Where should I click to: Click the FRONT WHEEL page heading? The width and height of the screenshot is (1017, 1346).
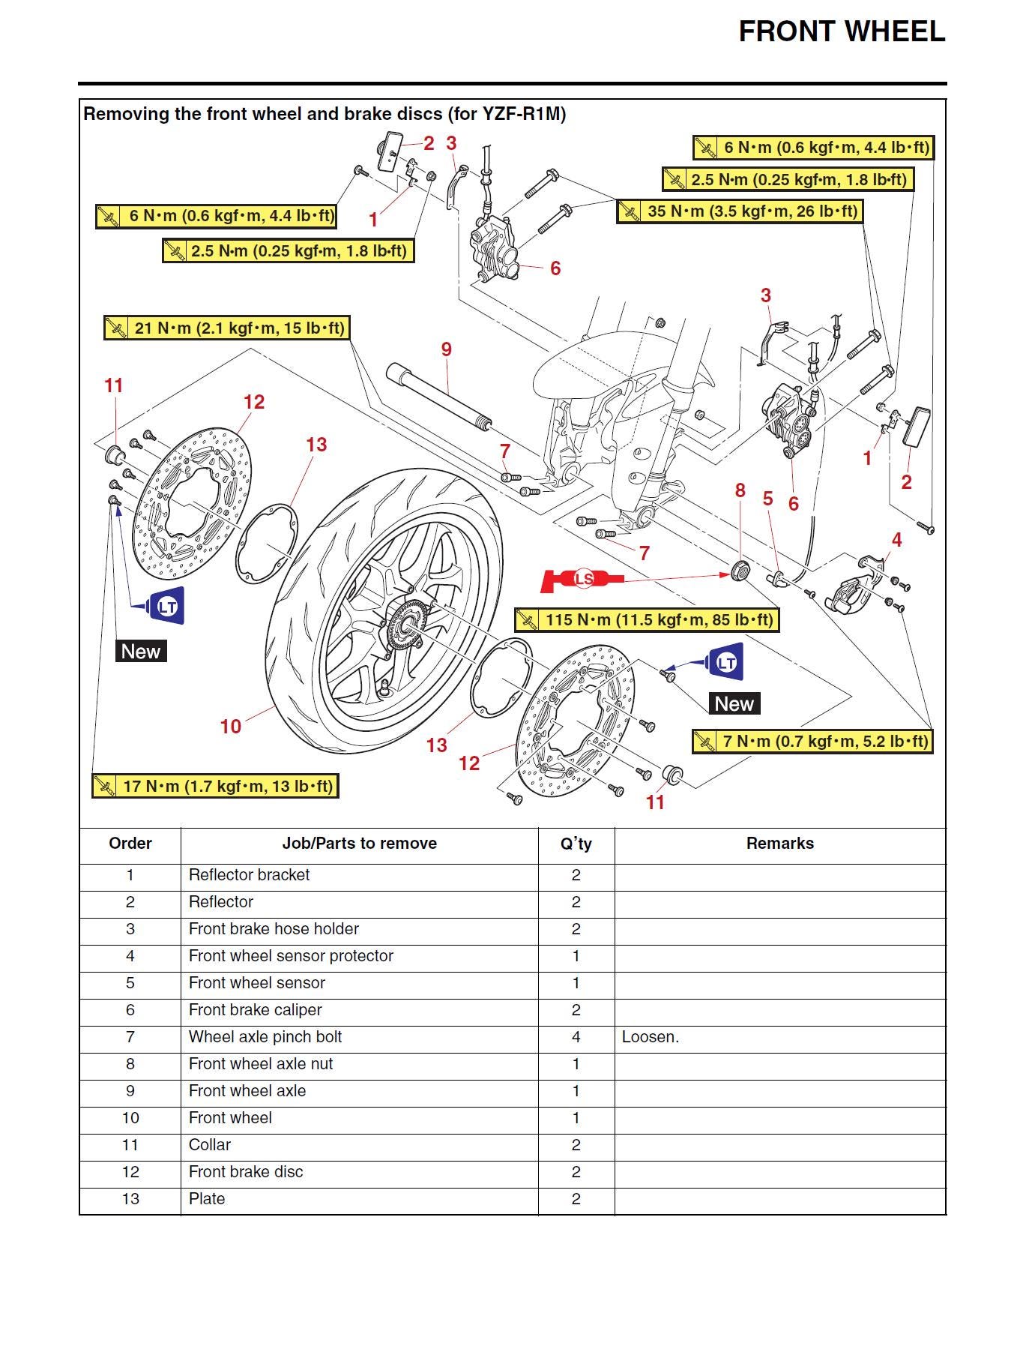click(x=841, y=31)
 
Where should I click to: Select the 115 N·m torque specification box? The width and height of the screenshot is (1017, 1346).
click(x=647, y=620)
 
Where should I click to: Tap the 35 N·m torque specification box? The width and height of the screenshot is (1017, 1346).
click(x=739, y=211)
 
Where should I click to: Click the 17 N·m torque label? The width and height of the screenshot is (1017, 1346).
click(x=215, y=786)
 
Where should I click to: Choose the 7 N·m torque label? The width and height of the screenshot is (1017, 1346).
click(x=812, y=742)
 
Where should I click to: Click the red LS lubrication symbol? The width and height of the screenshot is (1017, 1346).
click(x=583, y=579)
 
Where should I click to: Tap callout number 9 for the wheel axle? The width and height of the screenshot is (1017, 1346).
click(x=447, y=349)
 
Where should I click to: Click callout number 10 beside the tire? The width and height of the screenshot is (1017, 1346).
click(x=231, y=726)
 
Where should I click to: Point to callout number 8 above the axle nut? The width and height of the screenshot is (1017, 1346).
click(x=740, y=490)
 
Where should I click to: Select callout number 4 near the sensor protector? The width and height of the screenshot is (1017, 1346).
click(x=896, y=539)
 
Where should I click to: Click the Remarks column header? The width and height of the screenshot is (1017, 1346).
click(x=779, y=844)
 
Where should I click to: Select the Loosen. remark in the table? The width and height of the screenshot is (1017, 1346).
click(x=650, y=1037)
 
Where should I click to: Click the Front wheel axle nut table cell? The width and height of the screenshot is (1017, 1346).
click(x=261, y=1064)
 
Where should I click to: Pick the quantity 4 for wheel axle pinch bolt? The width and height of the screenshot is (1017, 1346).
click(x=576, y=1037)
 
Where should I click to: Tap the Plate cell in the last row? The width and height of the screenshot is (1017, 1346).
click(x=207, y=1199)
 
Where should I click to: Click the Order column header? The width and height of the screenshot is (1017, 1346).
click(x=130, y=844)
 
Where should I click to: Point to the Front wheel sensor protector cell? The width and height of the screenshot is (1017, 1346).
click(x=291, y=956)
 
